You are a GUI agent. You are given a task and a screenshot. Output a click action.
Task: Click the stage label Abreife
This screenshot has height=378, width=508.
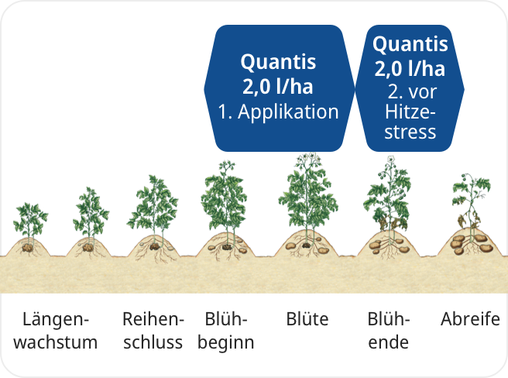[470, 319]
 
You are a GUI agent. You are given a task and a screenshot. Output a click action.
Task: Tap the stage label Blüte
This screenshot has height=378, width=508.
[307, 319]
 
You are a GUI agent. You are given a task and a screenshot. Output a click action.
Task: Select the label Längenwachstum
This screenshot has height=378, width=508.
[56, 331]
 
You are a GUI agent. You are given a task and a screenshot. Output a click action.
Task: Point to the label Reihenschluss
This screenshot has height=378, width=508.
[153, 331]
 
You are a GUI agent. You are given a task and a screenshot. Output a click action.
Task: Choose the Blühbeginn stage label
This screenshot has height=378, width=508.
[226, 332]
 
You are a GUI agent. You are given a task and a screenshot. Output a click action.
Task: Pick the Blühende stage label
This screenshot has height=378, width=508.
[389, 331]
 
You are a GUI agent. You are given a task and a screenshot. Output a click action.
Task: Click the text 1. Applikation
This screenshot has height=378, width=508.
[278, 112]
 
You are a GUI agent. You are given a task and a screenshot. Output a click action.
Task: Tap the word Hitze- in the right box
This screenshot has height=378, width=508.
[410, 112]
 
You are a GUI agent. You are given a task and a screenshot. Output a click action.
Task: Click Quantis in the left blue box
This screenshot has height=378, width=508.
[278, 62]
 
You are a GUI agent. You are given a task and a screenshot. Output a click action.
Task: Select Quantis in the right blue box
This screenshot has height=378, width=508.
[410, 44]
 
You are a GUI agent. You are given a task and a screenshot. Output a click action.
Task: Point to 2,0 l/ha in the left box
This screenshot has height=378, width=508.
[278, 87]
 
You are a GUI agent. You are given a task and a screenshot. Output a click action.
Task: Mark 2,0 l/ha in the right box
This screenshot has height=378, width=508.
[410, 69]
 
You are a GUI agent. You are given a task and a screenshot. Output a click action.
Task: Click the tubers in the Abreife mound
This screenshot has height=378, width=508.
[472, 244]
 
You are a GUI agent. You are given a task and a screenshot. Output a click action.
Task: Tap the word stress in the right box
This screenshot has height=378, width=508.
[410, 132]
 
